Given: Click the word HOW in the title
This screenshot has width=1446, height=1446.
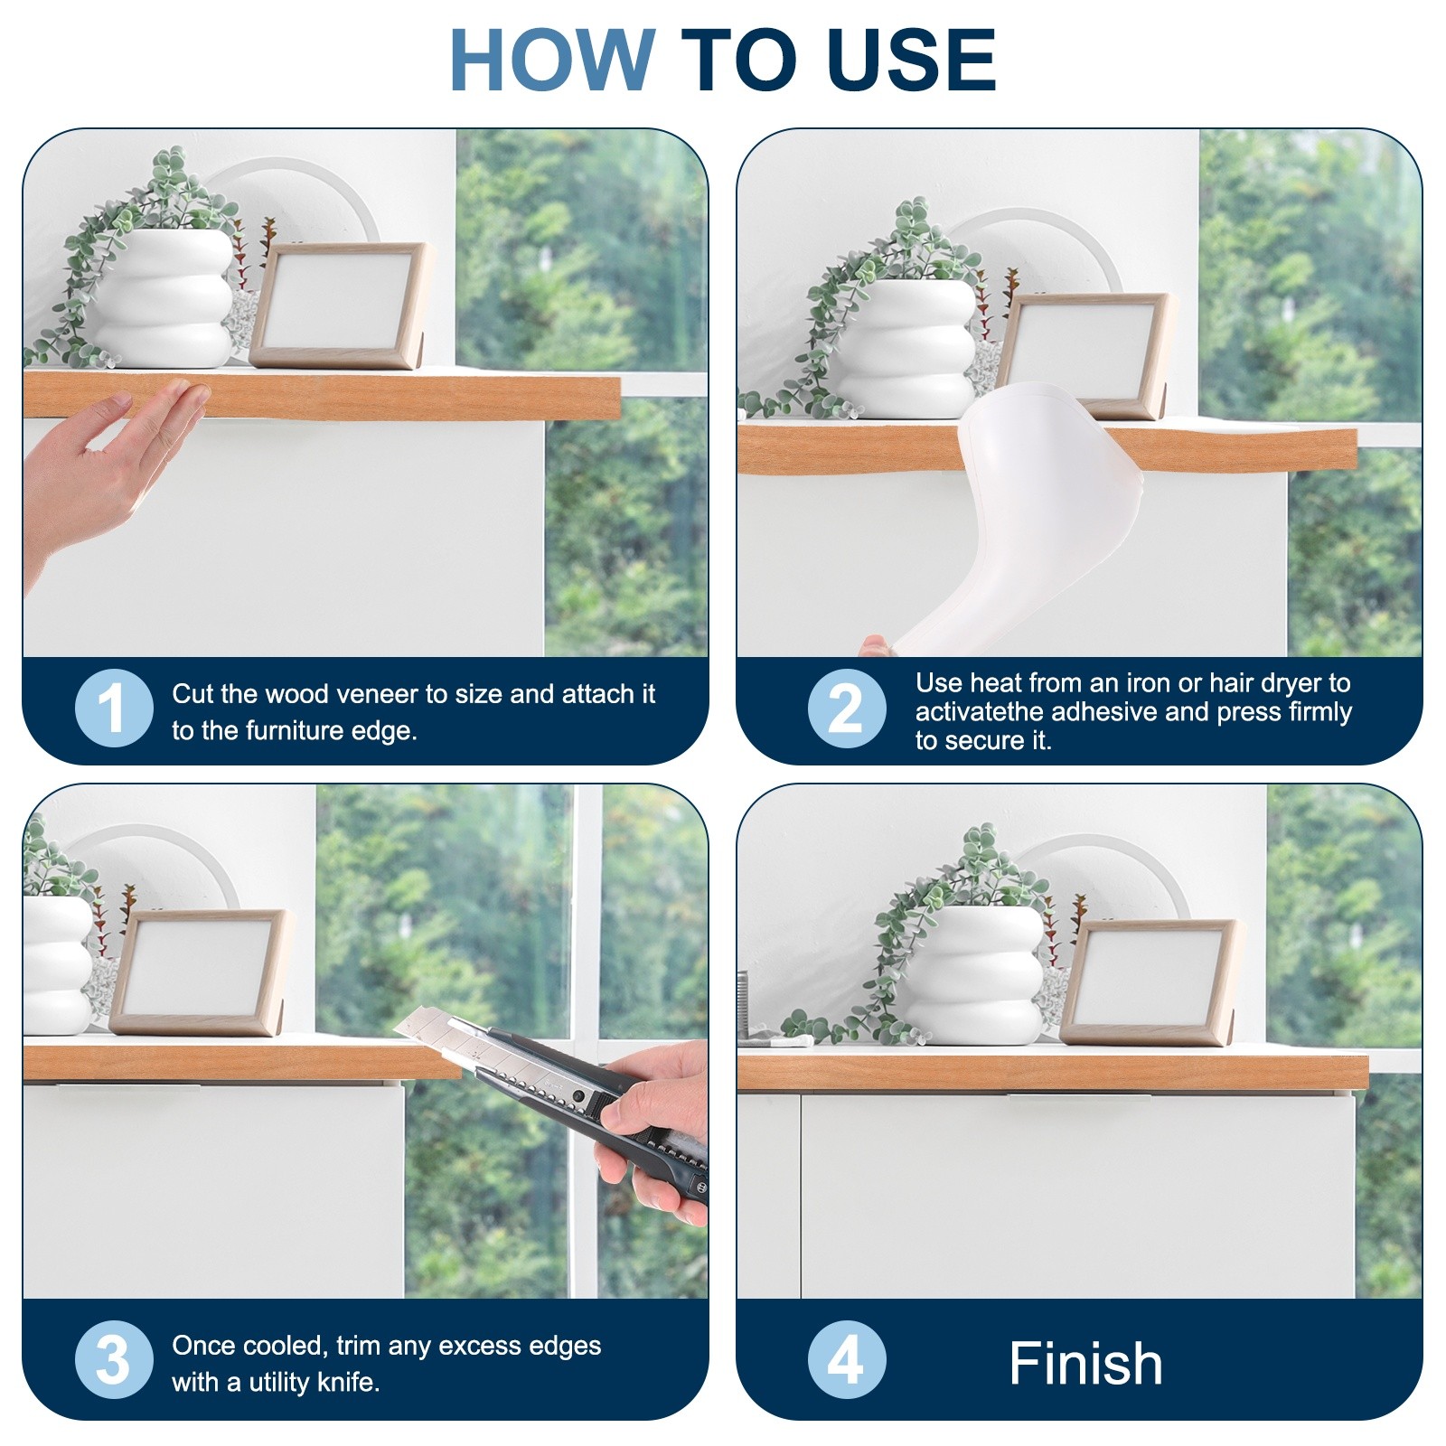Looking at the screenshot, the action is pyautogui.click(x=552, y=60).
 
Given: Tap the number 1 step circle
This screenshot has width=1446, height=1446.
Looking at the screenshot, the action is pyautogui.click(x=114, y=708).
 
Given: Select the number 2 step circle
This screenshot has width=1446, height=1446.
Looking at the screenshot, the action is pyautogui.click(x=847, y=709).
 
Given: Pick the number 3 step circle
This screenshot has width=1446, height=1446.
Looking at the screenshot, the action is pyautogui.click(x=114, y=1359).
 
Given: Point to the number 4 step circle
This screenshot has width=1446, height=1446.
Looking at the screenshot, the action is pyautogui.click(x=847, y=1359).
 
